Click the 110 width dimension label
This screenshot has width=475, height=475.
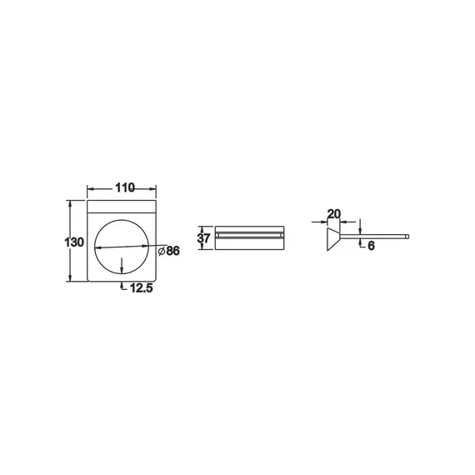[x=125, y=187]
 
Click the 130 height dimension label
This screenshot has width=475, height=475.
[x=74, y=242]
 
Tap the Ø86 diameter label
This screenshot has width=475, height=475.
[x=169, y=251]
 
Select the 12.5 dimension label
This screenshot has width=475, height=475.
[x=142, y=288]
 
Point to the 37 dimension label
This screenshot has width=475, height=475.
[x=203, y=238]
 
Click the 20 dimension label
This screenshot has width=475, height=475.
[x=334, y=214]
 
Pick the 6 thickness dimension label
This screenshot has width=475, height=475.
[x=371, y=246]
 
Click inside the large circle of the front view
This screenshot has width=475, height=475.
[x=122, y=237]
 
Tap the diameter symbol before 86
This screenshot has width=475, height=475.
[x=162, y=251]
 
